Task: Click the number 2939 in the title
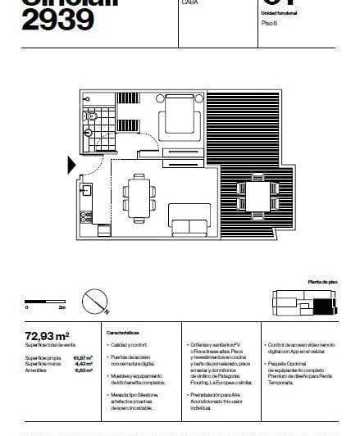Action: tap(57, 20)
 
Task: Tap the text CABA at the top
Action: tap(188, 3)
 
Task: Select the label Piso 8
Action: tap(271, 24)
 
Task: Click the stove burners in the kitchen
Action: tap(85, 218)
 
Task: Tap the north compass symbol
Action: tap(100, 307)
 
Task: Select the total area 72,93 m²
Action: tap(48, 335)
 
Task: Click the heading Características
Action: tap(122, 334)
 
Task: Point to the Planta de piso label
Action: tap(318, 280)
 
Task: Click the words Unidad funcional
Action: tap(280, 14)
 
